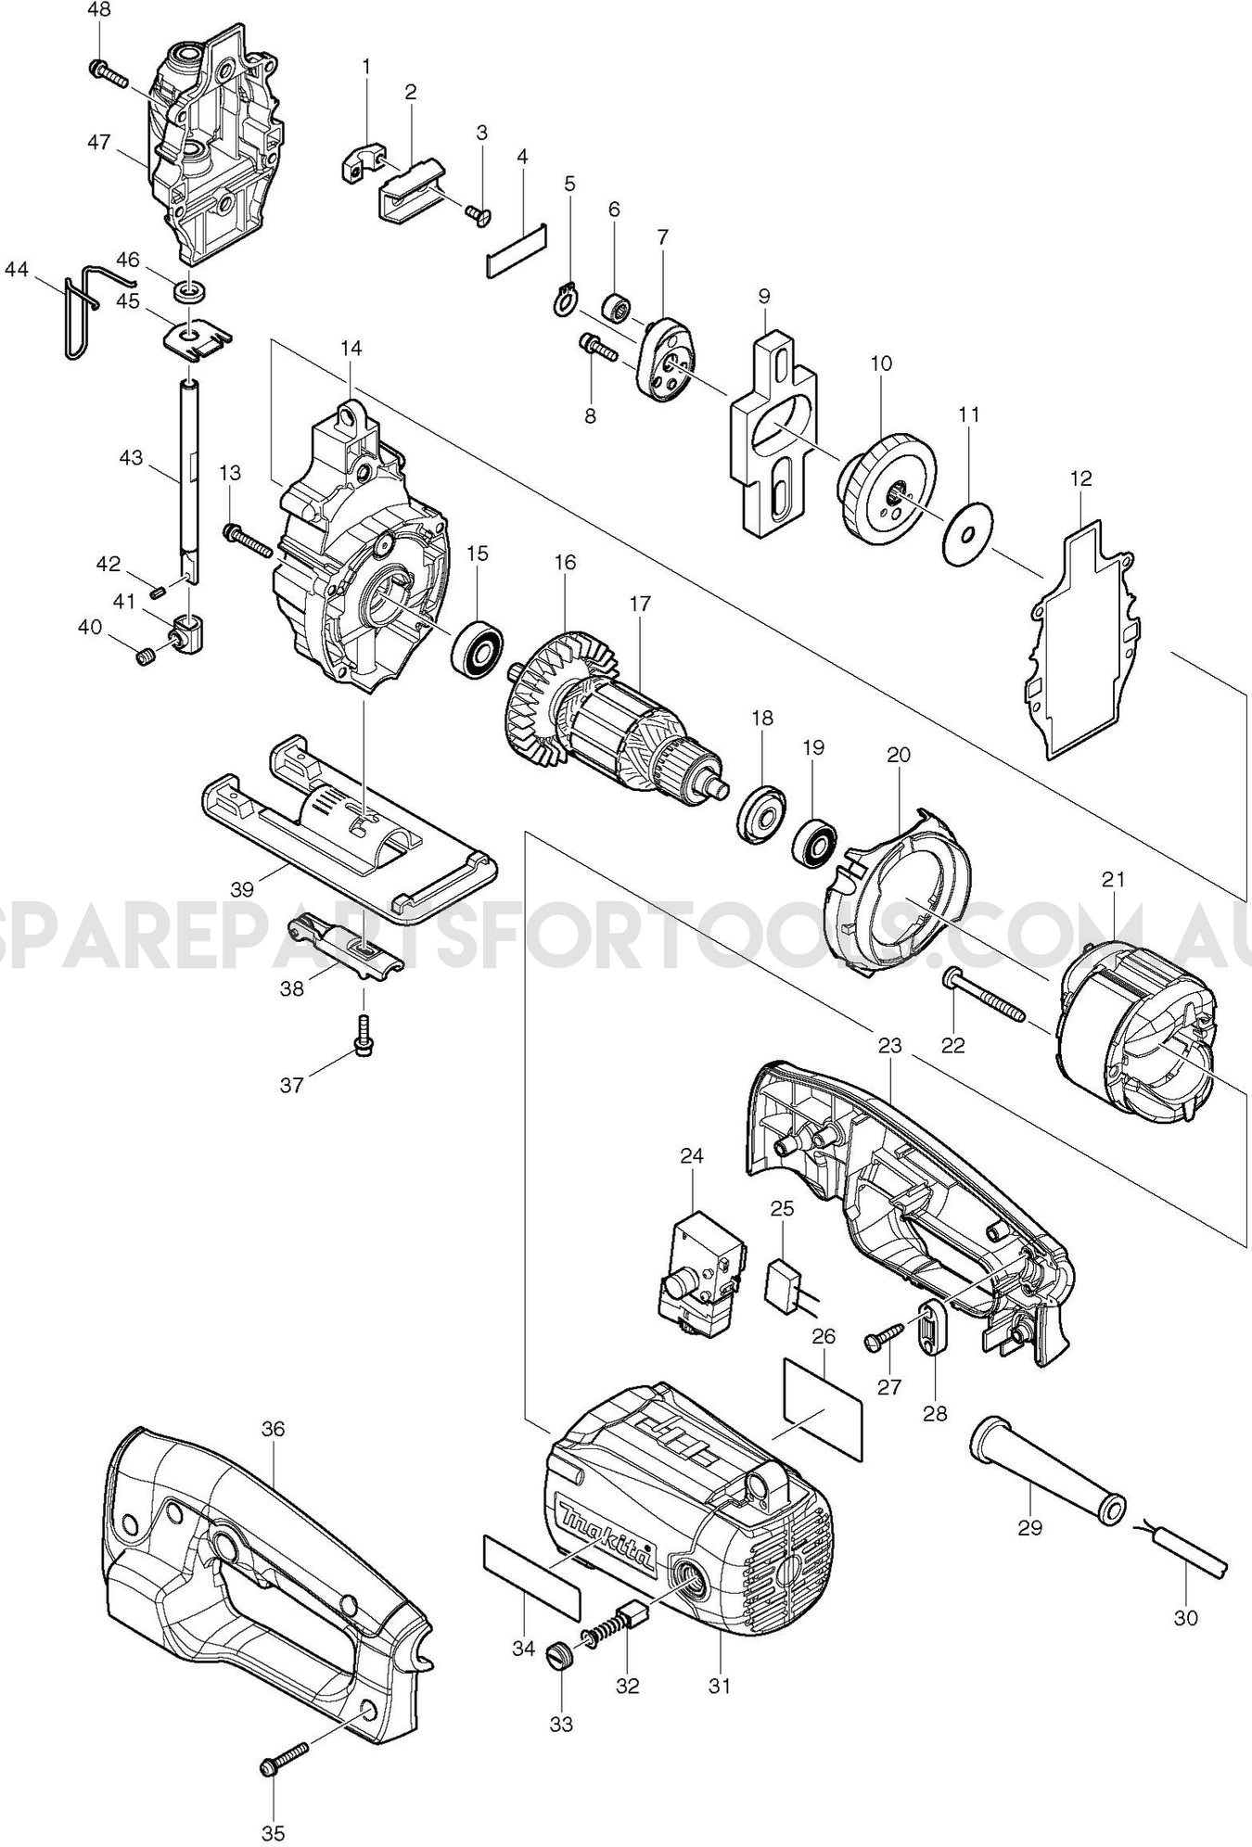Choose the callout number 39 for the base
242,889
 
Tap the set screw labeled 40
144,658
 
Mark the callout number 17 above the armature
640,604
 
